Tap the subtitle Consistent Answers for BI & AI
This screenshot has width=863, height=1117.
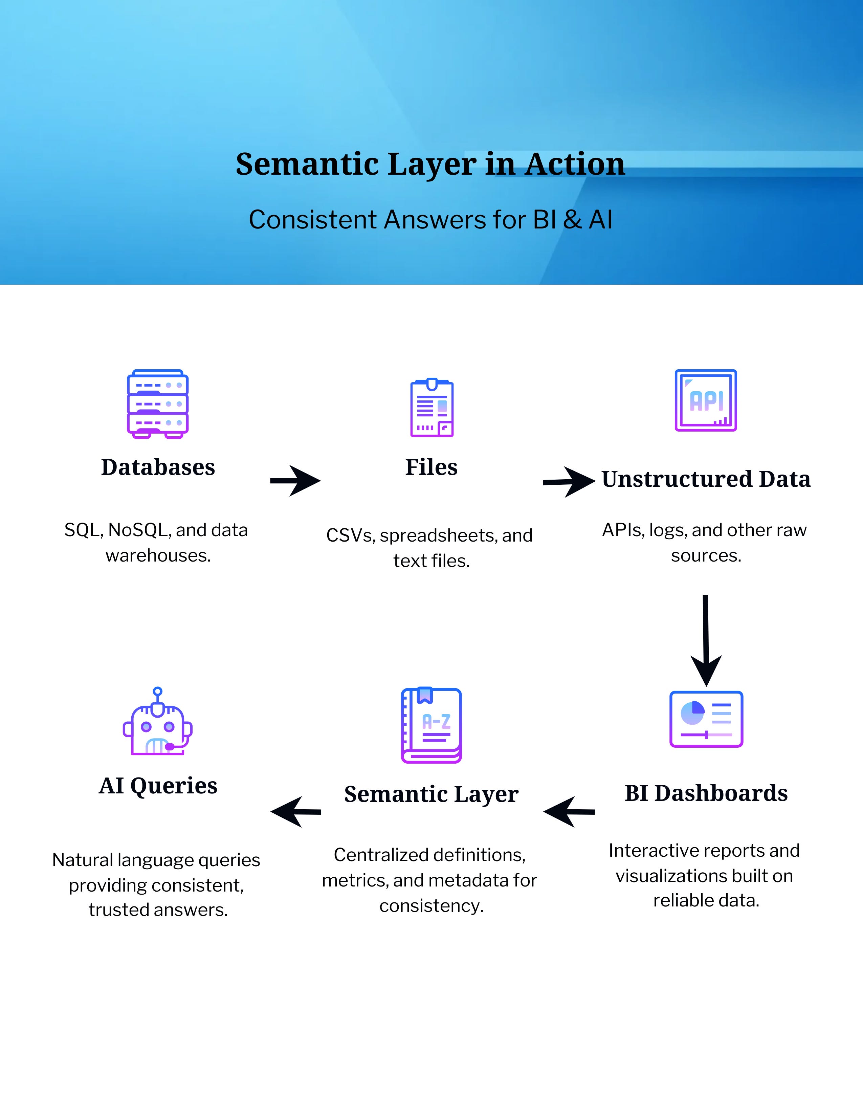(x=430, y=220)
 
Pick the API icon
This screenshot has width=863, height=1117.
(x=706, y=400)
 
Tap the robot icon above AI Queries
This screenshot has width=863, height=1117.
(x=157, y=722)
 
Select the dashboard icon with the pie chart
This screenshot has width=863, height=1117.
(x=706, y=719)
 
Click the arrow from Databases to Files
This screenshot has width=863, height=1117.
(x=295, y=481)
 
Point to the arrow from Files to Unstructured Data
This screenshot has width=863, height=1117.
(x=569, y=481)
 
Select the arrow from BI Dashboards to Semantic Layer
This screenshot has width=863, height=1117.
(x=569, y=812)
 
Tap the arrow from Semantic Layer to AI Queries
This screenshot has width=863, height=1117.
(x=295, y=812)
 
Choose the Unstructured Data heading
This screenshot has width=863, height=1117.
(x=706, y=479)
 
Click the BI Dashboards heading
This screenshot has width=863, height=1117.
(x=706, y=793)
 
